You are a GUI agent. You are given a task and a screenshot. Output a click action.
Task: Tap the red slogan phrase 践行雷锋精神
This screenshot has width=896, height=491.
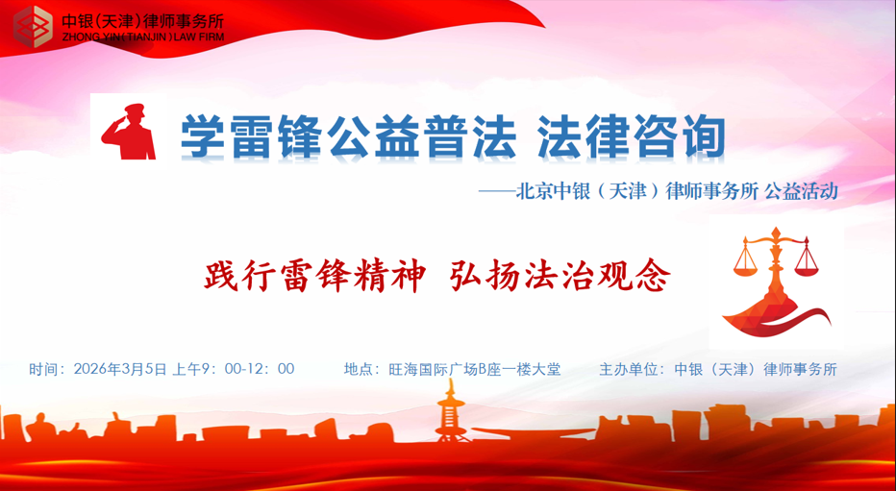click(314, 277)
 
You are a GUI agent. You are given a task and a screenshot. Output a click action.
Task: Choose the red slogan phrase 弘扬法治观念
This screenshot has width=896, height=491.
click(560, 277)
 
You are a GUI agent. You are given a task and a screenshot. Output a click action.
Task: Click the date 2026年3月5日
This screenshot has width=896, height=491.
click(120, 369)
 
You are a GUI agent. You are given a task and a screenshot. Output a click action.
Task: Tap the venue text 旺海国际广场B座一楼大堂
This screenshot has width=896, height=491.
click(473, 369)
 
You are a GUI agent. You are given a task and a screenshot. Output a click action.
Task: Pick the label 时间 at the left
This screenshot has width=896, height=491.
click(44, 369)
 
